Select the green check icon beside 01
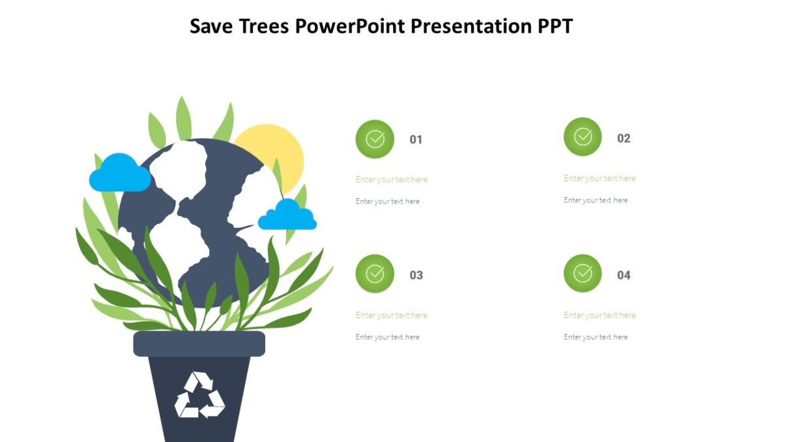(x=375, y=139)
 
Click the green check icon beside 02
(x=582, y=137)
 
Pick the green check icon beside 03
(x=375, y=274)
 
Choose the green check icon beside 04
(x=582, y=273)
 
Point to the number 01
(x=416, y=139)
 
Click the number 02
(x=624, y=138)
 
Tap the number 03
(x=416, y=275)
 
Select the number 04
(x=624, y=275)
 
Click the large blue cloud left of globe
(x=120, y=174)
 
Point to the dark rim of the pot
(x=199, y=344)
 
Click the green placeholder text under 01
(x=392, y=179)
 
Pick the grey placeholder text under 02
(x=595, y=200)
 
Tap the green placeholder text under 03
(x=392, y=315)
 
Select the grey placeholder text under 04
(x=595, y=337)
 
